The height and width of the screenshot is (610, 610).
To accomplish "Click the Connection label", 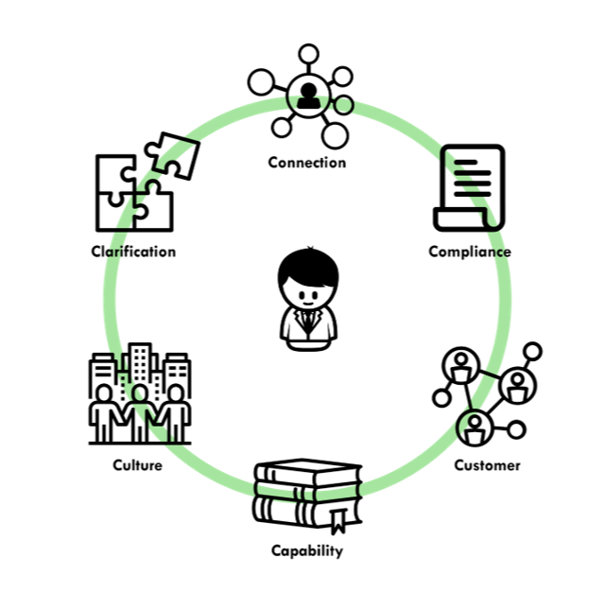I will [306, 163].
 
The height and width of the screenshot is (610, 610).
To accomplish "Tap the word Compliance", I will [469, 252].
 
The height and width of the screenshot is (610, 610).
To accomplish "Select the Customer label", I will [487, 465].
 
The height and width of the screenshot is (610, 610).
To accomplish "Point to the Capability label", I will [306, 550].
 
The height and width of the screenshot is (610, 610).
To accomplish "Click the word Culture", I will [137, 465].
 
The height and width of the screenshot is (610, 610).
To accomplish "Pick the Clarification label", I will [133, 252].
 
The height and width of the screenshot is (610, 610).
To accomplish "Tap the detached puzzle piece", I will [171, 154].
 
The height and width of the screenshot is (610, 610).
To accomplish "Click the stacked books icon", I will [306, 496].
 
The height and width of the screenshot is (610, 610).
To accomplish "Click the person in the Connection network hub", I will [307, 93].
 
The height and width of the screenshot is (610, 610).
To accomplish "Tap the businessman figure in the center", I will [307, 300].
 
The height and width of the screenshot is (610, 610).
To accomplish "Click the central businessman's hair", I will [307, 264].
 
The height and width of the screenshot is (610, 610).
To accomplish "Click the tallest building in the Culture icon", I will [140, 363].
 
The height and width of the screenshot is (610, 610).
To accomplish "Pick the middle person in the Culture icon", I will [140, 409].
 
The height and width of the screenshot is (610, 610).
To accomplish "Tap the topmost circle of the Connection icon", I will [307, 54].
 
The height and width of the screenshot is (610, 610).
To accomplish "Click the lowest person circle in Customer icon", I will [474, 427].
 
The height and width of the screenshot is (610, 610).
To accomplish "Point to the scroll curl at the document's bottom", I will [445, 220].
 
